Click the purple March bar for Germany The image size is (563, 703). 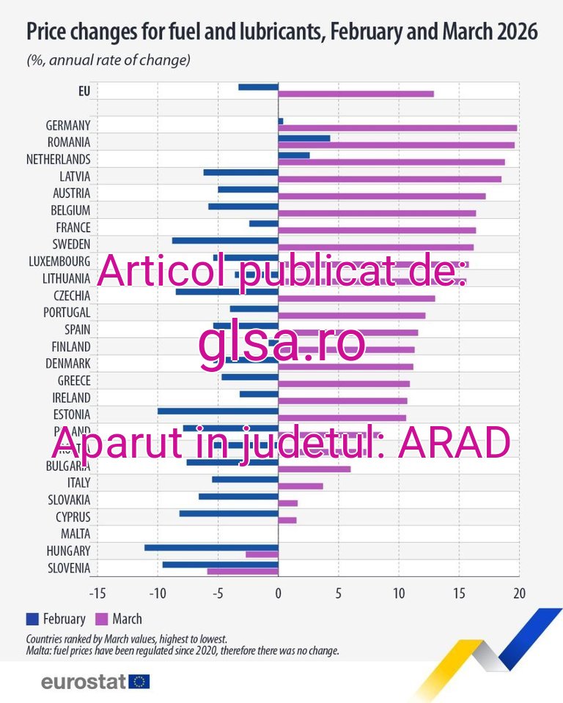click(397, 128)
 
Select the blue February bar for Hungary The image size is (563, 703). click(211, 547)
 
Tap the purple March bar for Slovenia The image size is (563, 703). click(243, 571)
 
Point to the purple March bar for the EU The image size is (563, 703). click(356, 94)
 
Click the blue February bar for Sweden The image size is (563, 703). click(225, 240)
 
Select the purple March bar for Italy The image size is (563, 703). click(301, 486)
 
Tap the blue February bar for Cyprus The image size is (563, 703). click(229, 513)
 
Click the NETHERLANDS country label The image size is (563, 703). click(58, 159)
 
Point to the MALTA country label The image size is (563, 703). click(76, 533)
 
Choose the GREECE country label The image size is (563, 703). click(74, 380)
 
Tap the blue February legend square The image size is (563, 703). click(32, 619)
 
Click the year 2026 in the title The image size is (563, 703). click(512, 33)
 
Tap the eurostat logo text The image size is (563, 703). click(84, 682)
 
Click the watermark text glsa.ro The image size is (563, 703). click(281, 346)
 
